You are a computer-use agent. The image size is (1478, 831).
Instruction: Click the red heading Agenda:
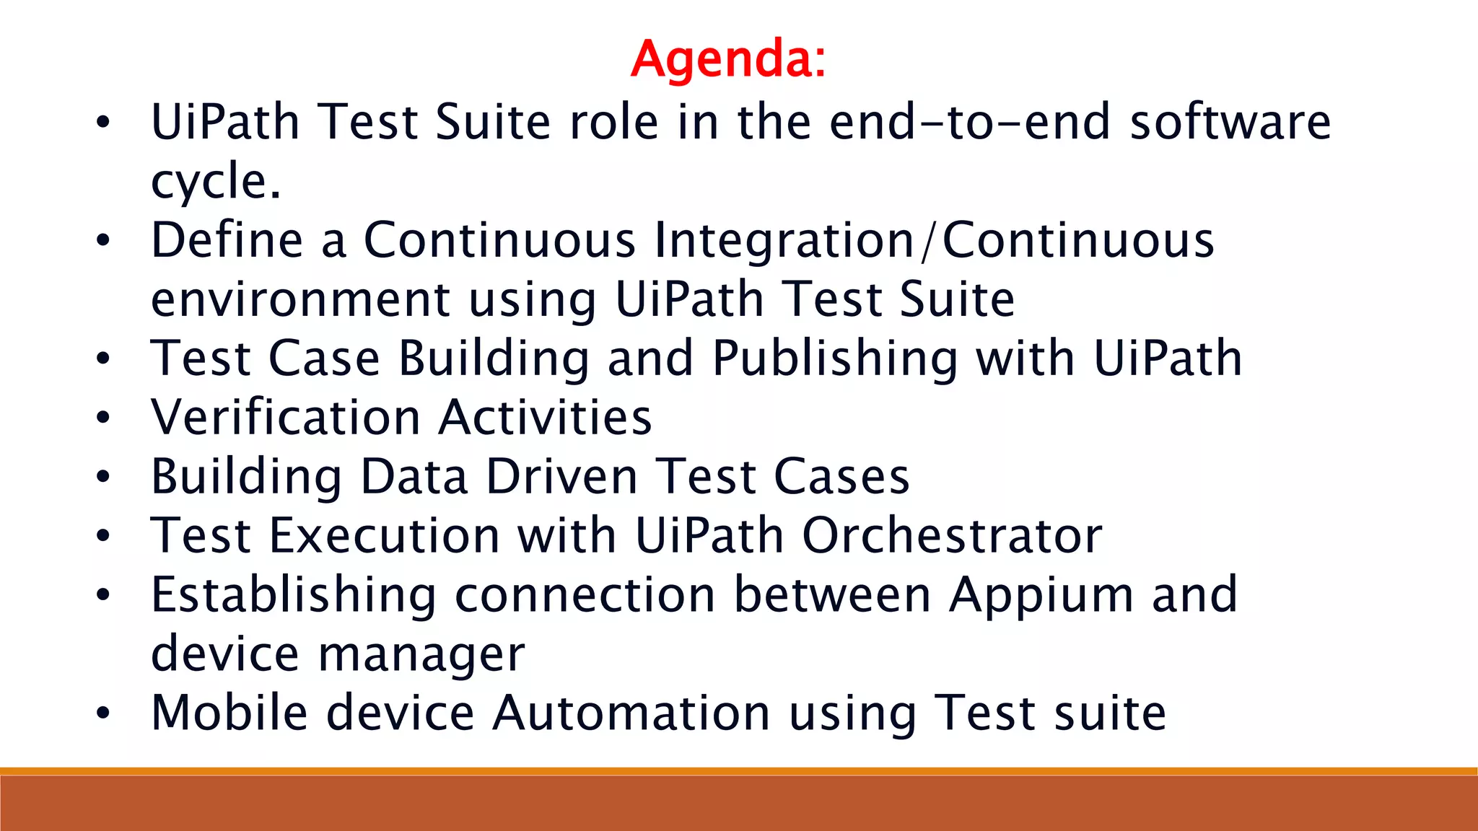click(728, 58)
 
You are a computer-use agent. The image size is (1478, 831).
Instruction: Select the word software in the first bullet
click(1230, 122)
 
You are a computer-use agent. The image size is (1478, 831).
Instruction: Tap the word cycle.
click(215, 182)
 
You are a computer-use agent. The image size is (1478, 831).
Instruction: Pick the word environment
click(300, 300)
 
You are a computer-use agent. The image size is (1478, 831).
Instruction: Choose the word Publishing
click(835, 359)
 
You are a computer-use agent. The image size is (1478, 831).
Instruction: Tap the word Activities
click(546, 418)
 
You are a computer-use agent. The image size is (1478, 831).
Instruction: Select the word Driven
click(562, 477)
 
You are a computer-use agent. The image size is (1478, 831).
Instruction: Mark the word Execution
click(384, 536)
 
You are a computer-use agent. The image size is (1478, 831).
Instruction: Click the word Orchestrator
click(952, 536)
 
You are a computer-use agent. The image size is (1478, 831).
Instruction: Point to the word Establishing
click(293, 595)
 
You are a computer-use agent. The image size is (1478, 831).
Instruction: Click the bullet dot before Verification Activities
click(103, 418)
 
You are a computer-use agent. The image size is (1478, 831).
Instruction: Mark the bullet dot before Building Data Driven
click(103, 477)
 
